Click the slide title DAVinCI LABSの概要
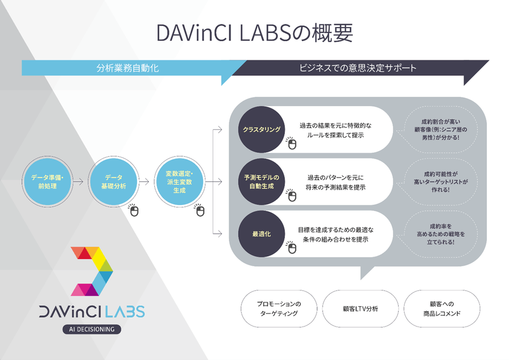255,33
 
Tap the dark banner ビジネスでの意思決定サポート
358,68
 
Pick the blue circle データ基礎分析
113,181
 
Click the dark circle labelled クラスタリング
262,129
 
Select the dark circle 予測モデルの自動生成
262,181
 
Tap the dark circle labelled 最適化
262,234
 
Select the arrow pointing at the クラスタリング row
218,130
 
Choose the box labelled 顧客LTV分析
361,309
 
